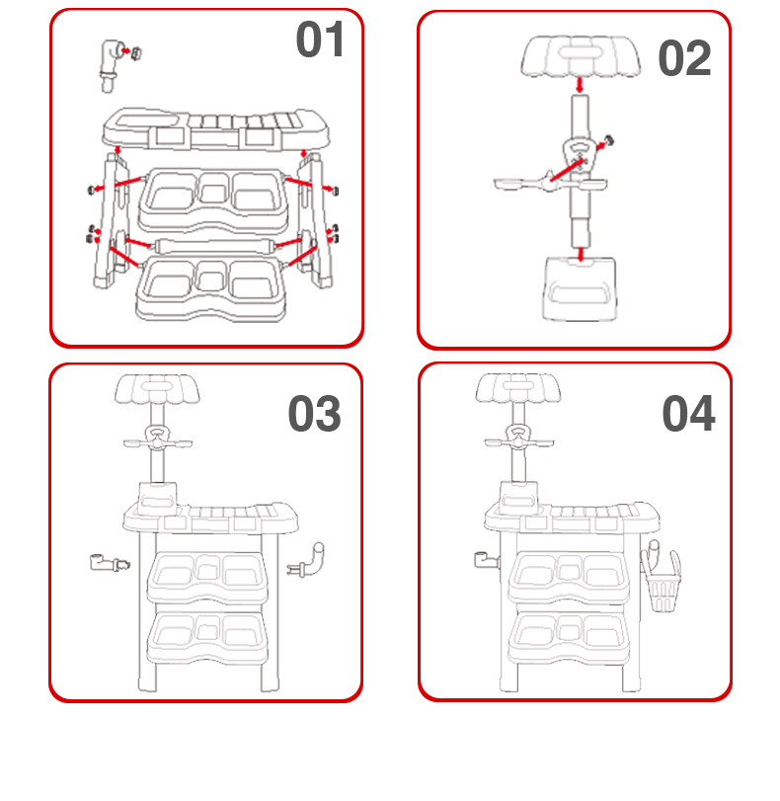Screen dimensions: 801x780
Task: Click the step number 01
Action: click(320, 40)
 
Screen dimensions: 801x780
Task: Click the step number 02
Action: click(684, 58)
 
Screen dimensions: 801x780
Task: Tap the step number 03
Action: click(314, 415)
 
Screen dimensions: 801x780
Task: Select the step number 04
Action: click(687, 414)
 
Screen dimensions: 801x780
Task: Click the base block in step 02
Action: click(580, 287)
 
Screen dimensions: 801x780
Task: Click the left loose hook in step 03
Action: click(105, 565)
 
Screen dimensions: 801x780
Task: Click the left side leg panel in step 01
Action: click(107, 222)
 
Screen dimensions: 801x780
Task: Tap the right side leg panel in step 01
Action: click(318, 222)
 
